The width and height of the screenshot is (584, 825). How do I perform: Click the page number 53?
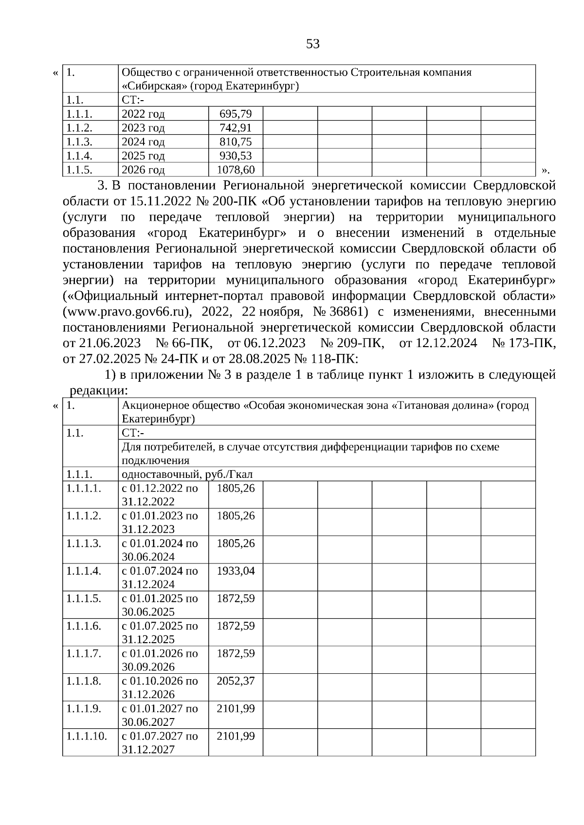[313, 44]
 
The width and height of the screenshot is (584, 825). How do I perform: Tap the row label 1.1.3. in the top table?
[79, 142]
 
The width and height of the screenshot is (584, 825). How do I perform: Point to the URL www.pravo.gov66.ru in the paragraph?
[131, 311]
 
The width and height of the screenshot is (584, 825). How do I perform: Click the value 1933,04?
[236, 571]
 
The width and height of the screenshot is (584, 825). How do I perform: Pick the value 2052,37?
[236, 681]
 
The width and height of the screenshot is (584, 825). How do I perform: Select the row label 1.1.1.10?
[87, 736]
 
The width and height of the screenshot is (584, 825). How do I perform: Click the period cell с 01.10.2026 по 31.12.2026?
[160, 687]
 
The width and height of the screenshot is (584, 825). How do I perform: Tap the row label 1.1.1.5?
[84, 598]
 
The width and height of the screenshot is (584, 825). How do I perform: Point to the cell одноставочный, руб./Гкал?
[187, 474]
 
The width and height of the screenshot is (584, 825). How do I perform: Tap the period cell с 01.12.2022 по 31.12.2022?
[160, 494]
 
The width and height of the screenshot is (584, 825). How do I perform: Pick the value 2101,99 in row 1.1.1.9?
[236, 709]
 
